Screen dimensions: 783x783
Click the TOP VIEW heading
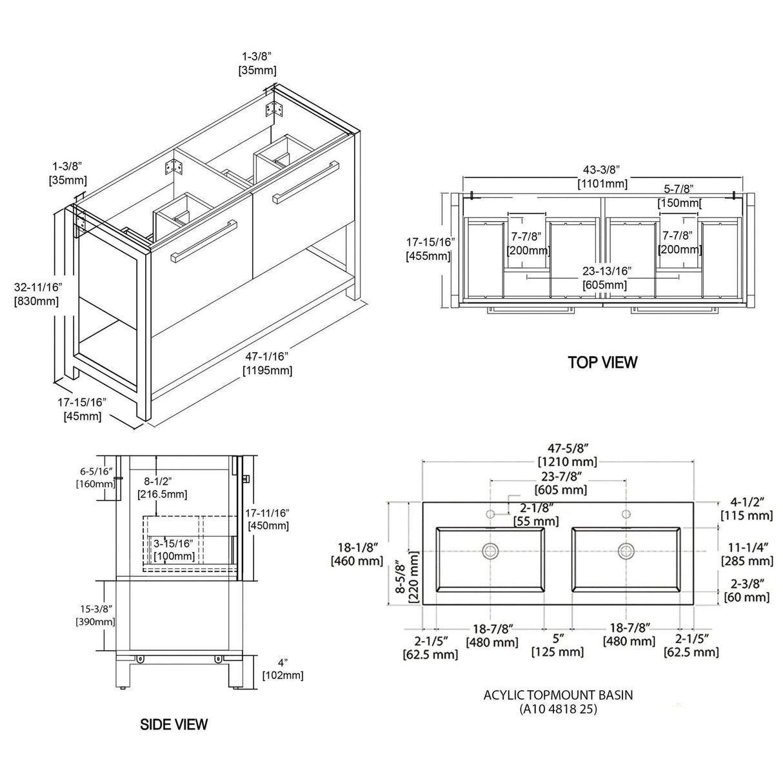[602, 362]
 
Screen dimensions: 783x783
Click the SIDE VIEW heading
[174, 724]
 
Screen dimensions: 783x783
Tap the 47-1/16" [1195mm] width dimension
[268, 363]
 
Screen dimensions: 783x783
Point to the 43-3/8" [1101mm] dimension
[602, 176]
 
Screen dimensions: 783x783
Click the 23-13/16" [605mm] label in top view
[604, 278]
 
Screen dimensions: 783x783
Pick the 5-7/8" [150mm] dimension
[679, 195]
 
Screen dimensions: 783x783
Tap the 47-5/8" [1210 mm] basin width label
[568, 455]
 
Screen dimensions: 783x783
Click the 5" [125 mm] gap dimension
[558, 645]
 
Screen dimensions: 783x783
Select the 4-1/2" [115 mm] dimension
[747, 508]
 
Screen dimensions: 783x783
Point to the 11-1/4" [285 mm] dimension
[747, 554]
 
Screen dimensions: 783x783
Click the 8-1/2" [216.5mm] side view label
[162, 488]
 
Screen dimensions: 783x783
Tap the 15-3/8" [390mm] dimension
[95, 615]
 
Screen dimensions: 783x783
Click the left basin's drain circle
[490, 551]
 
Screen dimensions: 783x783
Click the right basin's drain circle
[626, 551]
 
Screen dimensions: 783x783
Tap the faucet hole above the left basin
[490, 515]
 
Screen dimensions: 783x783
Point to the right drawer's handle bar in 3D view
[306, 180]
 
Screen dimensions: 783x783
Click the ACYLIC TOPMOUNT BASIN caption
[558, 695]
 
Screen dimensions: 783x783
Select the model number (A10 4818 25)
[558, 709]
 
